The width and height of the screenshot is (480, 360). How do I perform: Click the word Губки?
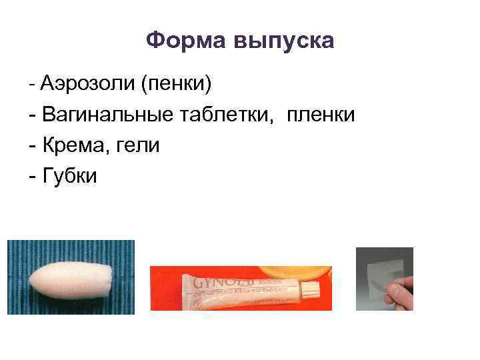click(69, 175)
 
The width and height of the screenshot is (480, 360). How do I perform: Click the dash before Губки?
click(33, 176)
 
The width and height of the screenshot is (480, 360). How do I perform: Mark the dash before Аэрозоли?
click(32, 85)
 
